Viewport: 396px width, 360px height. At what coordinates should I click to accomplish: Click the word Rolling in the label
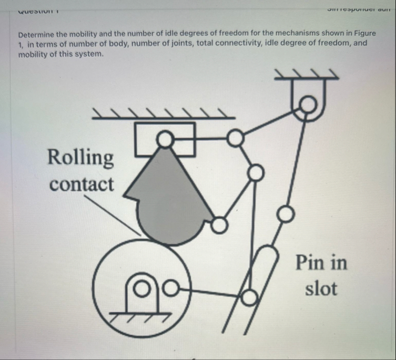tap(80, 157)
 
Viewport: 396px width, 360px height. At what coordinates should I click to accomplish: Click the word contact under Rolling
tap(82, 184)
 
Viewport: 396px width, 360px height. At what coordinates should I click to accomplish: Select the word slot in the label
tap(321, 288)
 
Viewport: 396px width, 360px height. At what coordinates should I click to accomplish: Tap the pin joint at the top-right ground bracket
tap(310, 106)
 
